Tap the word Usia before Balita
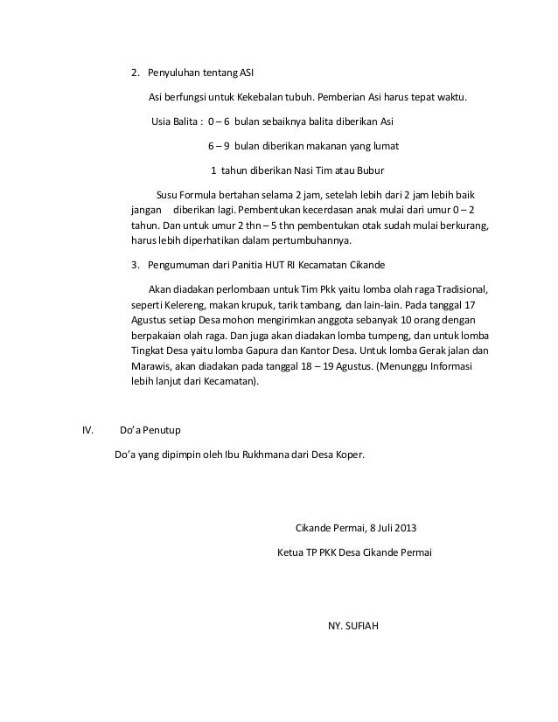click(x=163, y=121)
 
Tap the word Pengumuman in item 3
click(x=178, y=265)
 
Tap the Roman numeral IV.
click(x=87, y=431)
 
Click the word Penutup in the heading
click(x=164, y=431)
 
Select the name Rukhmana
click(x=276, y=455)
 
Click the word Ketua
click(x=290, y=553)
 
